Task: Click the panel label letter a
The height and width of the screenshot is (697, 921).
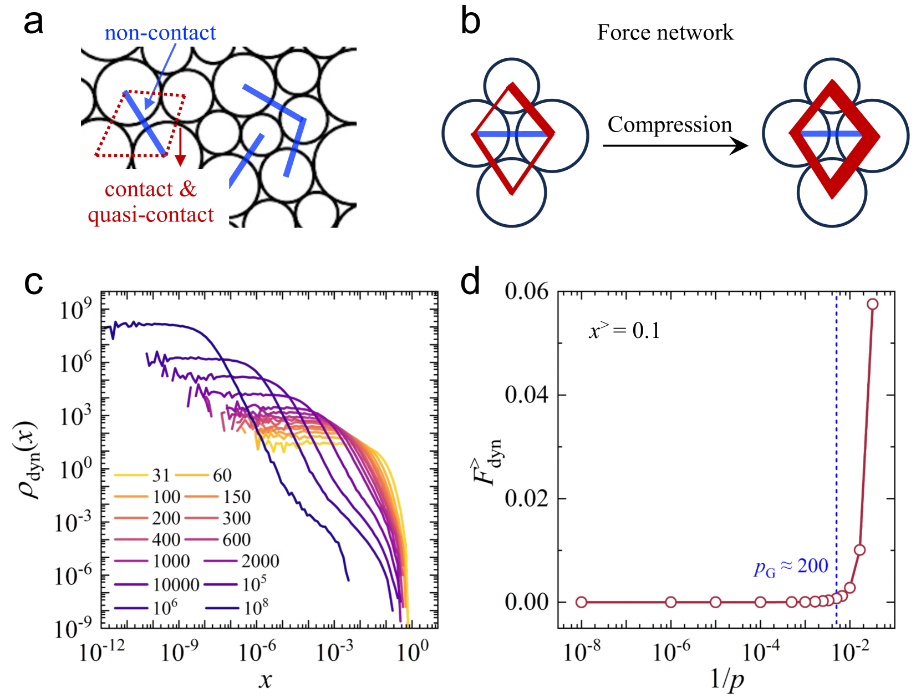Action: (x=33, y=23)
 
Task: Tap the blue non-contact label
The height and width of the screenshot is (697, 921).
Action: (x=160, y=33)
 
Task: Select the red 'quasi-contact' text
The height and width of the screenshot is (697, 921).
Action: (x=150, y=215)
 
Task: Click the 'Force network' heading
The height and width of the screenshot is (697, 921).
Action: (x=665, y=33)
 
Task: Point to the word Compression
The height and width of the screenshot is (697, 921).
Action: (x=670, y=125)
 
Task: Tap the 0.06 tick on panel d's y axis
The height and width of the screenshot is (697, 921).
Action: (x=526, y=291)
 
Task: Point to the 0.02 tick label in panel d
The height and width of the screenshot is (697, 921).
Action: (x=526, y=498)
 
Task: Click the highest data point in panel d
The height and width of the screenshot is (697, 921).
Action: (x=872, y=304)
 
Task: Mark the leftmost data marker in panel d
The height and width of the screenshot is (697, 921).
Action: (x=581, y=602)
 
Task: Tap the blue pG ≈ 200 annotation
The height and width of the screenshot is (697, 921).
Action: (x=791, y=567)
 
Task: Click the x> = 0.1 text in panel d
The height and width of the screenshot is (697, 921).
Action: (x=624, y=331)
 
